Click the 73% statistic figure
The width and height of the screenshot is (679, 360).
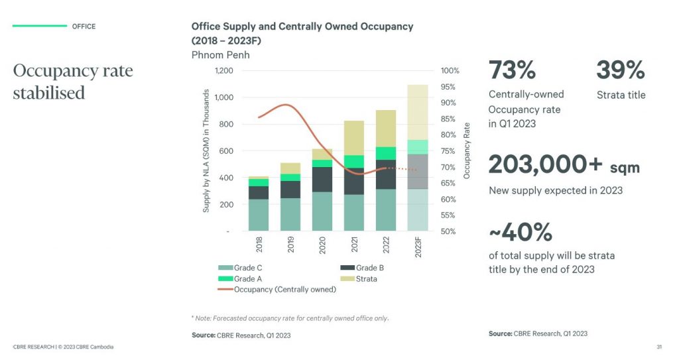click(512, 70)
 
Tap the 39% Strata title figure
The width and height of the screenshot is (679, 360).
click(620, 70)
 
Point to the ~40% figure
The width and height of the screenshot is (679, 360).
click(521, 233)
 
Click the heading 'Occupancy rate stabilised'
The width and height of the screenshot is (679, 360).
click(73, 82)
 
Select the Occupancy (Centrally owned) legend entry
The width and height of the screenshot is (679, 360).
click(277, 289)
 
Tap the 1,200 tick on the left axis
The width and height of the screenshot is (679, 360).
click(224, 70)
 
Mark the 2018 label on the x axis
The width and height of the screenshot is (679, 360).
click(259, 244)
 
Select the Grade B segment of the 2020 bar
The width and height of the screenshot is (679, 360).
click(322, 180)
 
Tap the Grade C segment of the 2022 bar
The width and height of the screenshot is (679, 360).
click(385, 210)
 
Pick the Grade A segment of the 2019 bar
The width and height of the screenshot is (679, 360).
click(290, 178)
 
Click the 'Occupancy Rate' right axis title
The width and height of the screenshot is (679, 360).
click(467, 150)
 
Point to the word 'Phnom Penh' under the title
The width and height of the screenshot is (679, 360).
click(220, 55)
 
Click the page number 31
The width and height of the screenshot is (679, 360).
click(659, 347)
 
